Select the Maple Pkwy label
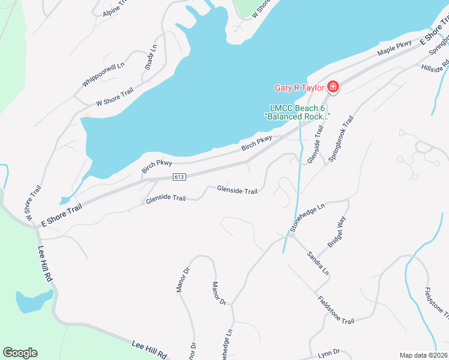coord(394,49)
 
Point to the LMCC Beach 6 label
coord(298,108)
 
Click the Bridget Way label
coord(337,233)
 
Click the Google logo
coord(20,353)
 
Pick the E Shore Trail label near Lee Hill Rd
coord(61,214)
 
